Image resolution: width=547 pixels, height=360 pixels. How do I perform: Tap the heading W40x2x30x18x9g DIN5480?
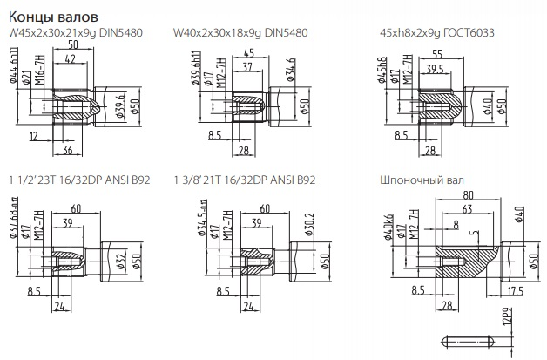(x=241, y=34)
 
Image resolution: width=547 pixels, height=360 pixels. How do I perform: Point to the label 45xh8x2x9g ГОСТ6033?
(x=432, y=34)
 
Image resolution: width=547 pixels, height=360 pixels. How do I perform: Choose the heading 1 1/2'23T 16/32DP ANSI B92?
(x=78, y=180)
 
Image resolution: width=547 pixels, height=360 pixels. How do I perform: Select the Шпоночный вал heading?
(x=417, y=180)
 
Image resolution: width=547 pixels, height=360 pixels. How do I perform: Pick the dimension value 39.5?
(x=436, y=69)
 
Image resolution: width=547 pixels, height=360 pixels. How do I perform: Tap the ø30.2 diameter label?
(x=285, y=223)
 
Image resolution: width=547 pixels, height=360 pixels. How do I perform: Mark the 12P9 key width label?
(x=503, y=317)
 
